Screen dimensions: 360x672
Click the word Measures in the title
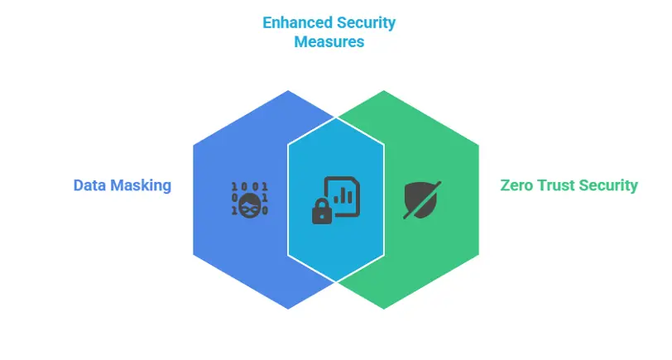pos(329,41)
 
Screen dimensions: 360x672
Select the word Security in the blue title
pos(366,22)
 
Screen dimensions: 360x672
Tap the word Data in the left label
pos(89,185)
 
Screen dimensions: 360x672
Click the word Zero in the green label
pos(516,185)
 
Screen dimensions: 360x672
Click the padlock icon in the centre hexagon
pos(321,213)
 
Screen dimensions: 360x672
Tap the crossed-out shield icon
pos(422,199)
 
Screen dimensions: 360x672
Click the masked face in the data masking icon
pos(249,204)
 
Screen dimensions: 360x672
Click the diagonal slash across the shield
pos(423,199)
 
